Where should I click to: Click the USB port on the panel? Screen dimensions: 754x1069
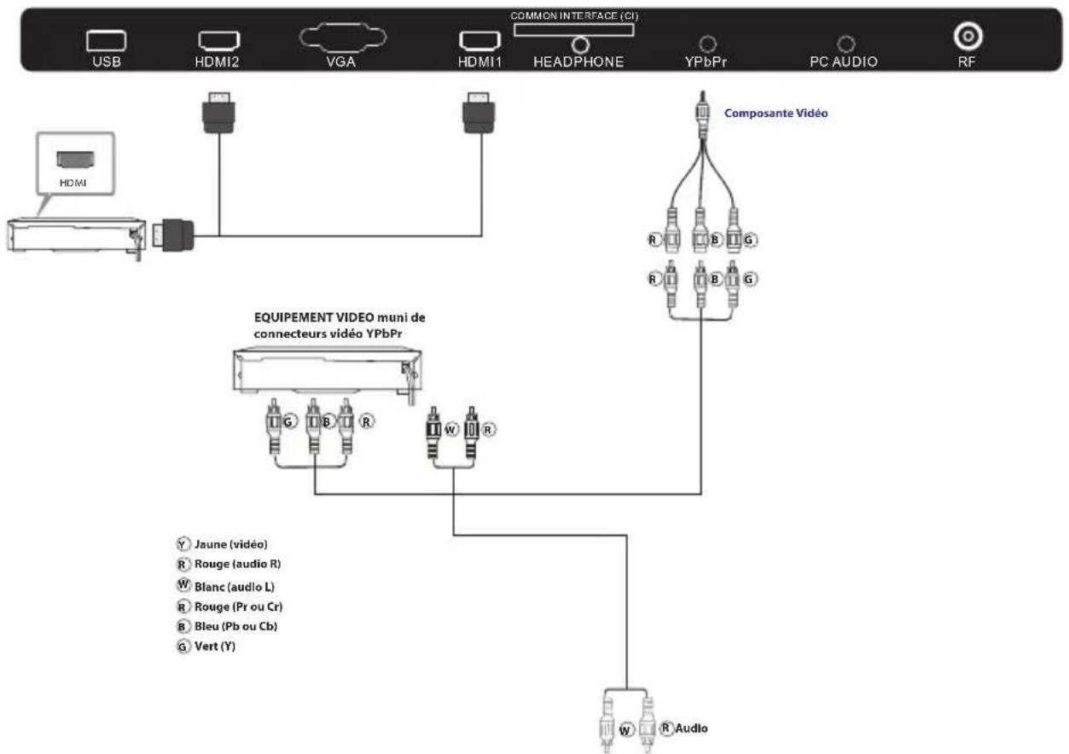click(x=105, y=40)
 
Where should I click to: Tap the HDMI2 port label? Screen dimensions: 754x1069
click(x=218, y=61)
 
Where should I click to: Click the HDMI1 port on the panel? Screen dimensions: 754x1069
click(x=479, y=40)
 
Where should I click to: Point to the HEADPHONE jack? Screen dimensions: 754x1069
click(x=581, y=44)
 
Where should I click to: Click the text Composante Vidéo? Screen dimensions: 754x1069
click(x=776, y=112)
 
